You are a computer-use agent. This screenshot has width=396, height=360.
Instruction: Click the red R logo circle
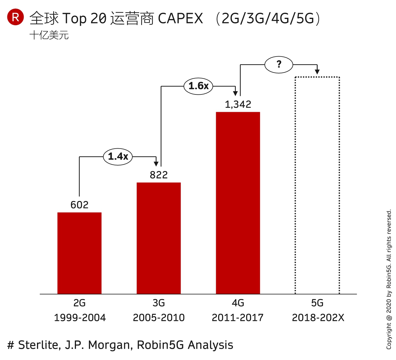[15, 17]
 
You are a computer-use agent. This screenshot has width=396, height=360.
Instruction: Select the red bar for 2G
[79, 253]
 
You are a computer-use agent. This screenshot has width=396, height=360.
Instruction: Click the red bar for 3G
[159, 238]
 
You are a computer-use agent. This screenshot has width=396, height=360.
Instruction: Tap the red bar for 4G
[238, 203]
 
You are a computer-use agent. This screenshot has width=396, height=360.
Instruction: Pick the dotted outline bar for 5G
[317, 185]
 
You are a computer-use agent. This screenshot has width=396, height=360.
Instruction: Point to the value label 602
[79, 205]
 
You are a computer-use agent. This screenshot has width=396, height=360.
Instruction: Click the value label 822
[159, 175]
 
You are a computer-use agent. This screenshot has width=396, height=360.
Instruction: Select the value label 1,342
[238, 104]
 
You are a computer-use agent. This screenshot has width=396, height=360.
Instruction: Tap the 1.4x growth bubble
[118, 156]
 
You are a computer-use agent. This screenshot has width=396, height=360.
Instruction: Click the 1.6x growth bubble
[198, 86]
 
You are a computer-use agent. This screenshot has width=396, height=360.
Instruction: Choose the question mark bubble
[279, 65]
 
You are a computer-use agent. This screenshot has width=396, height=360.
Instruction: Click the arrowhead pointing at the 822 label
[156, 164]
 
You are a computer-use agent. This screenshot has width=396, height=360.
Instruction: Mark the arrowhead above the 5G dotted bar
[317, 72]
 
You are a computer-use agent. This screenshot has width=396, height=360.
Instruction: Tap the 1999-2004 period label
[80, 318]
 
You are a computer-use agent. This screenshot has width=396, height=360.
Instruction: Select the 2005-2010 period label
[159, 318]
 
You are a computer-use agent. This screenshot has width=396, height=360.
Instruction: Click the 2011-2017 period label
[237, 318]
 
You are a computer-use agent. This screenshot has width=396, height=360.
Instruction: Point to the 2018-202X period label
[318, 318]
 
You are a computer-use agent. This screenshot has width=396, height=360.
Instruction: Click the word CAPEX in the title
[180, 18]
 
